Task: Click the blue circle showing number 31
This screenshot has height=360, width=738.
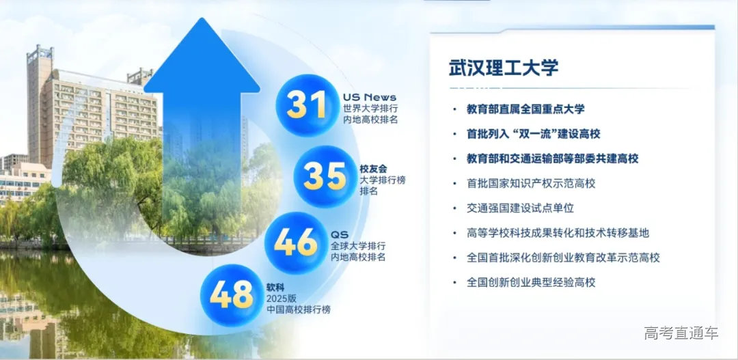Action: click(307, 105)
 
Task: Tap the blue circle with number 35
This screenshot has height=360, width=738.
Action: click(325, 176)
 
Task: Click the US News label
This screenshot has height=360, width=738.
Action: click(369, 97)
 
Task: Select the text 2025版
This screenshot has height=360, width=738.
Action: click(281, 298)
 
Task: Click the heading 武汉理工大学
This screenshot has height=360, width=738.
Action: click(503, 67)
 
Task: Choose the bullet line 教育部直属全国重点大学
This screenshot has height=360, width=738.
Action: click(525, 109)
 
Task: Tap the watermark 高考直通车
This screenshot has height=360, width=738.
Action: click(681, 333)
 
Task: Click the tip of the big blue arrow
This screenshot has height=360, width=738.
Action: click(202, 22)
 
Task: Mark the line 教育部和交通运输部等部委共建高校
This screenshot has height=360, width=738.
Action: click(552, 158)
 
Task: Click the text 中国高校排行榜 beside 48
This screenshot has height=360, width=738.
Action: click(298, 309)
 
